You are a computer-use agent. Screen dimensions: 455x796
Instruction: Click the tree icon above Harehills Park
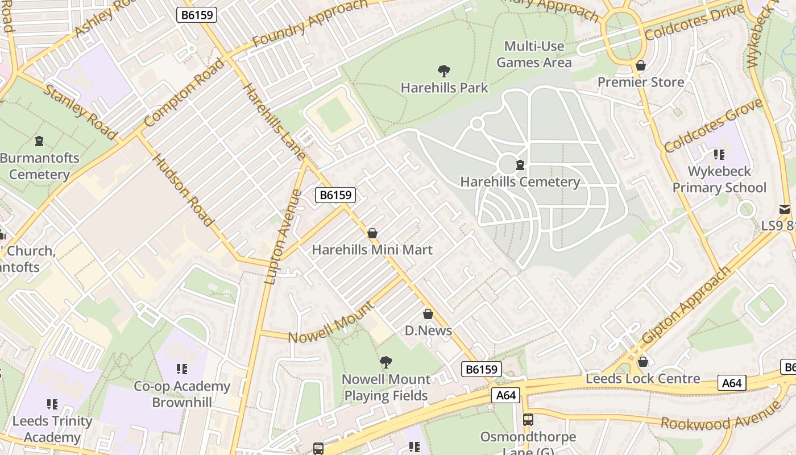444,71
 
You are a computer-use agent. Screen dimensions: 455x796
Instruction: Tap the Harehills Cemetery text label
520,182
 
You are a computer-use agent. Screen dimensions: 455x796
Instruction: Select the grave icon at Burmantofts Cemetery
39,140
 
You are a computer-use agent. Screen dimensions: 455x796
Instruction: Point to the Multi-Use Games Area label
534,54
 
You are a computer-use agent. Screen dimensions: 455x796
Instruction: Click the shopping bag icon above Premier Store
641,66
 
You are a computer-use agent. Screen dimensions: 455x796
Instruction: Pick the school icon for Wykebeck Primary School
719,155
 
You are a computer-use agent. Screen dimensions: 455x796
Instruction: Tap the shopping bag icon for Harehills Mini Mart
372,233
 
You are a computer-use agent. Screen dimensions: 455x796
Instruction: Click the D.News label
428,330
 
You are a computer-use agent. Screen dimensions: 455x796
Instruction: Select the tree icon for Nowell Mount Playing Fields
386,362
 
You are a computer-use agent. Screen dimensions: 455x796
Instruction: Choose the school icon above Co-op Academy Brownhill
181,370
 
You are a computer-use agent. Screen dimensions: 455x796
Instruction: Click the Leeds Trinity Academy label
52,429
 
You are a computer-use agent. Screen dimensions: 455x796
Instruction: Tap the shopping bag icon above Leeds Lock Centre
643,362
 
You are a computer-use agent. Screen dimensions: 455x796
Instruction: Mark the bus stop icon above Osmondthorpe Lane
528,420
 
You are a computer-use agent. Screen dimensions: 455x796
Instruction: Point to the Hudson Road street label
183,190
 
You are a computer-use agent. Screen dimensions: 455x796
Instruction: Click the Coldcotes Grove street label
713,126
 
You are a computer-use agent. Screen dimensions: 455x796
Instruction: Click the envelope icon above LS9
785,209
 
